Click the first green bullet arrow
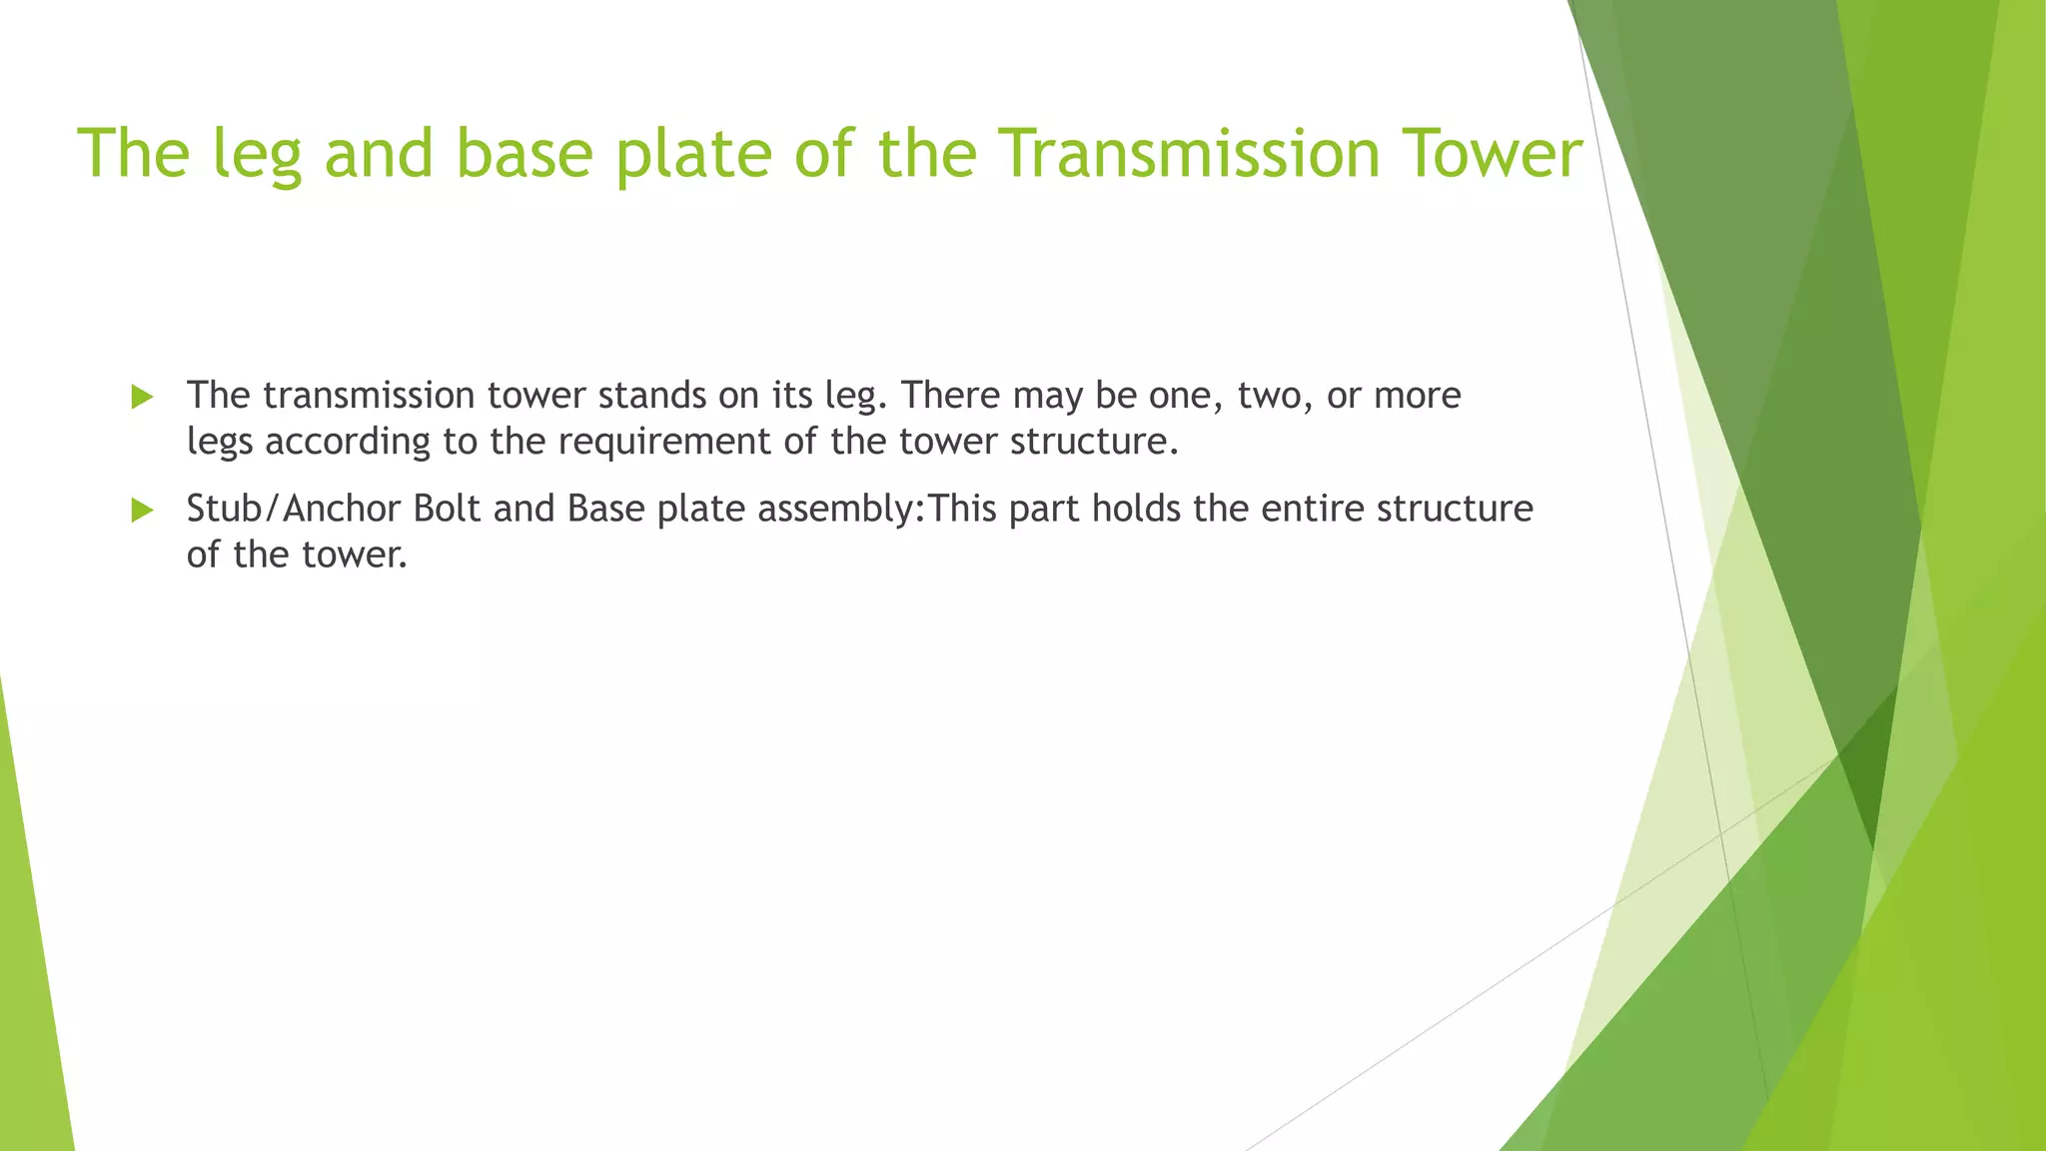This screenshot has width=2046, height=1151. [142, 398]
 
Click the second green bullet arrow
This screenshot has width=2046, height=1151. [142, 511]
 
